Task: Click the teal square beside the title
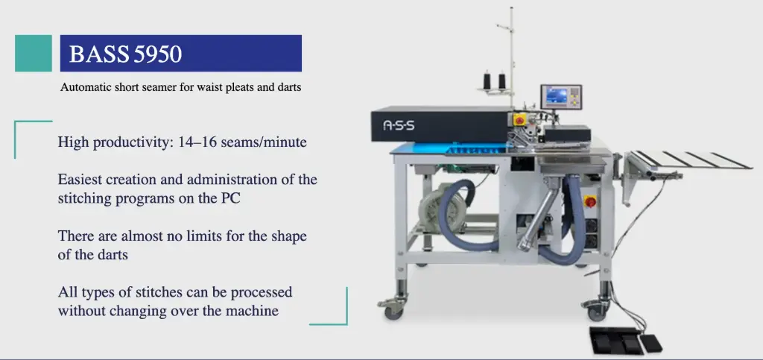click(x=34, y=53)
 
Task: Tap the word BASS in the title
click(x=99, y=54)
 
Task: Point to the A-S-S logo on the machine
click(x=399, y=126)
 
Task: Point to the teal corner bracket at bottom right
click(x=337, y=313)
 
